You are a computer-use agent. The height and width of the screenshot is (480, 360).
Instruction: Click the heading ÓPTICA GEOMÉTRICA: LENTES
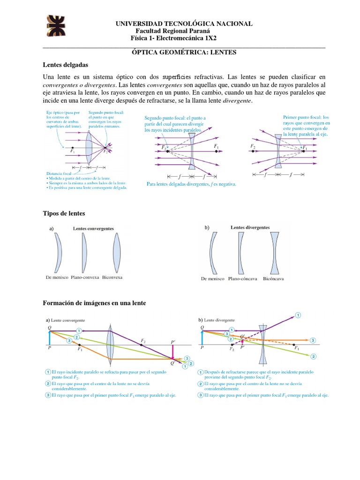pyautogui.click(x=184, y=52)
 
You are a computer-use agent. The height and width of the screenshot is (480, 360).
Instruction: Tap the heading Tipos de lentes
pyautogui.click(x=64, y=213)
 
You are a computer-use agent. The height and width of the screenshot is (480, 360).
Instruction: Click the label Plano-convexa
pyautogui.click(x=85, y=277)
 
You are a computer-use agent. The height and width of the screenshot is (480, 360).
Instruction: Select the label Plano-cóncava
pyautogui.click(x=241, y=278)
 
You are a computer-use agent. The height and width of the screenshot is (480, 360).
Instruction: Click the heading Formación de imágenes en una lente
pyautogui.click(x=94, y=303)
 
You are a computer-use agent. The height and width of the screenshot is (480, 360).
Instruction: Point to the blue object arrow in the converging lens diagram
pyautogui.click(x=50, y=338)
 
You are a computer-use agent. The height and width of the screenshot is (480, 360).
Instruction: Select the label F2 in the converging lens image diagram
pyautogui.click(x=143, y=340)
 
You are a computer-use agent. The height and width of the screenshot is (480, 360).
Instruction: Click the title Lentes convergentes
pyautogui.click(x=93, y=228)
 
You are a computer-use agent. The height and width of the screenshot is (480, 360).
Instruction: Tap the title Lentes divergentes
pyautogui.click(x=250, y=227)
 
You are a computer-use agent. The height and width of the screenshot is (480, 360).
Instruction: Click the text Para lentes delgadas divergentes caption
pyautogui.click(x=191, y=184)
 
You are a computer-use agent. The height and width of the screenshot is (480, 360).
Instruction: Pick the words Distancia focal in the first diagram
pyautogui.click(x=59, y=173)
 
